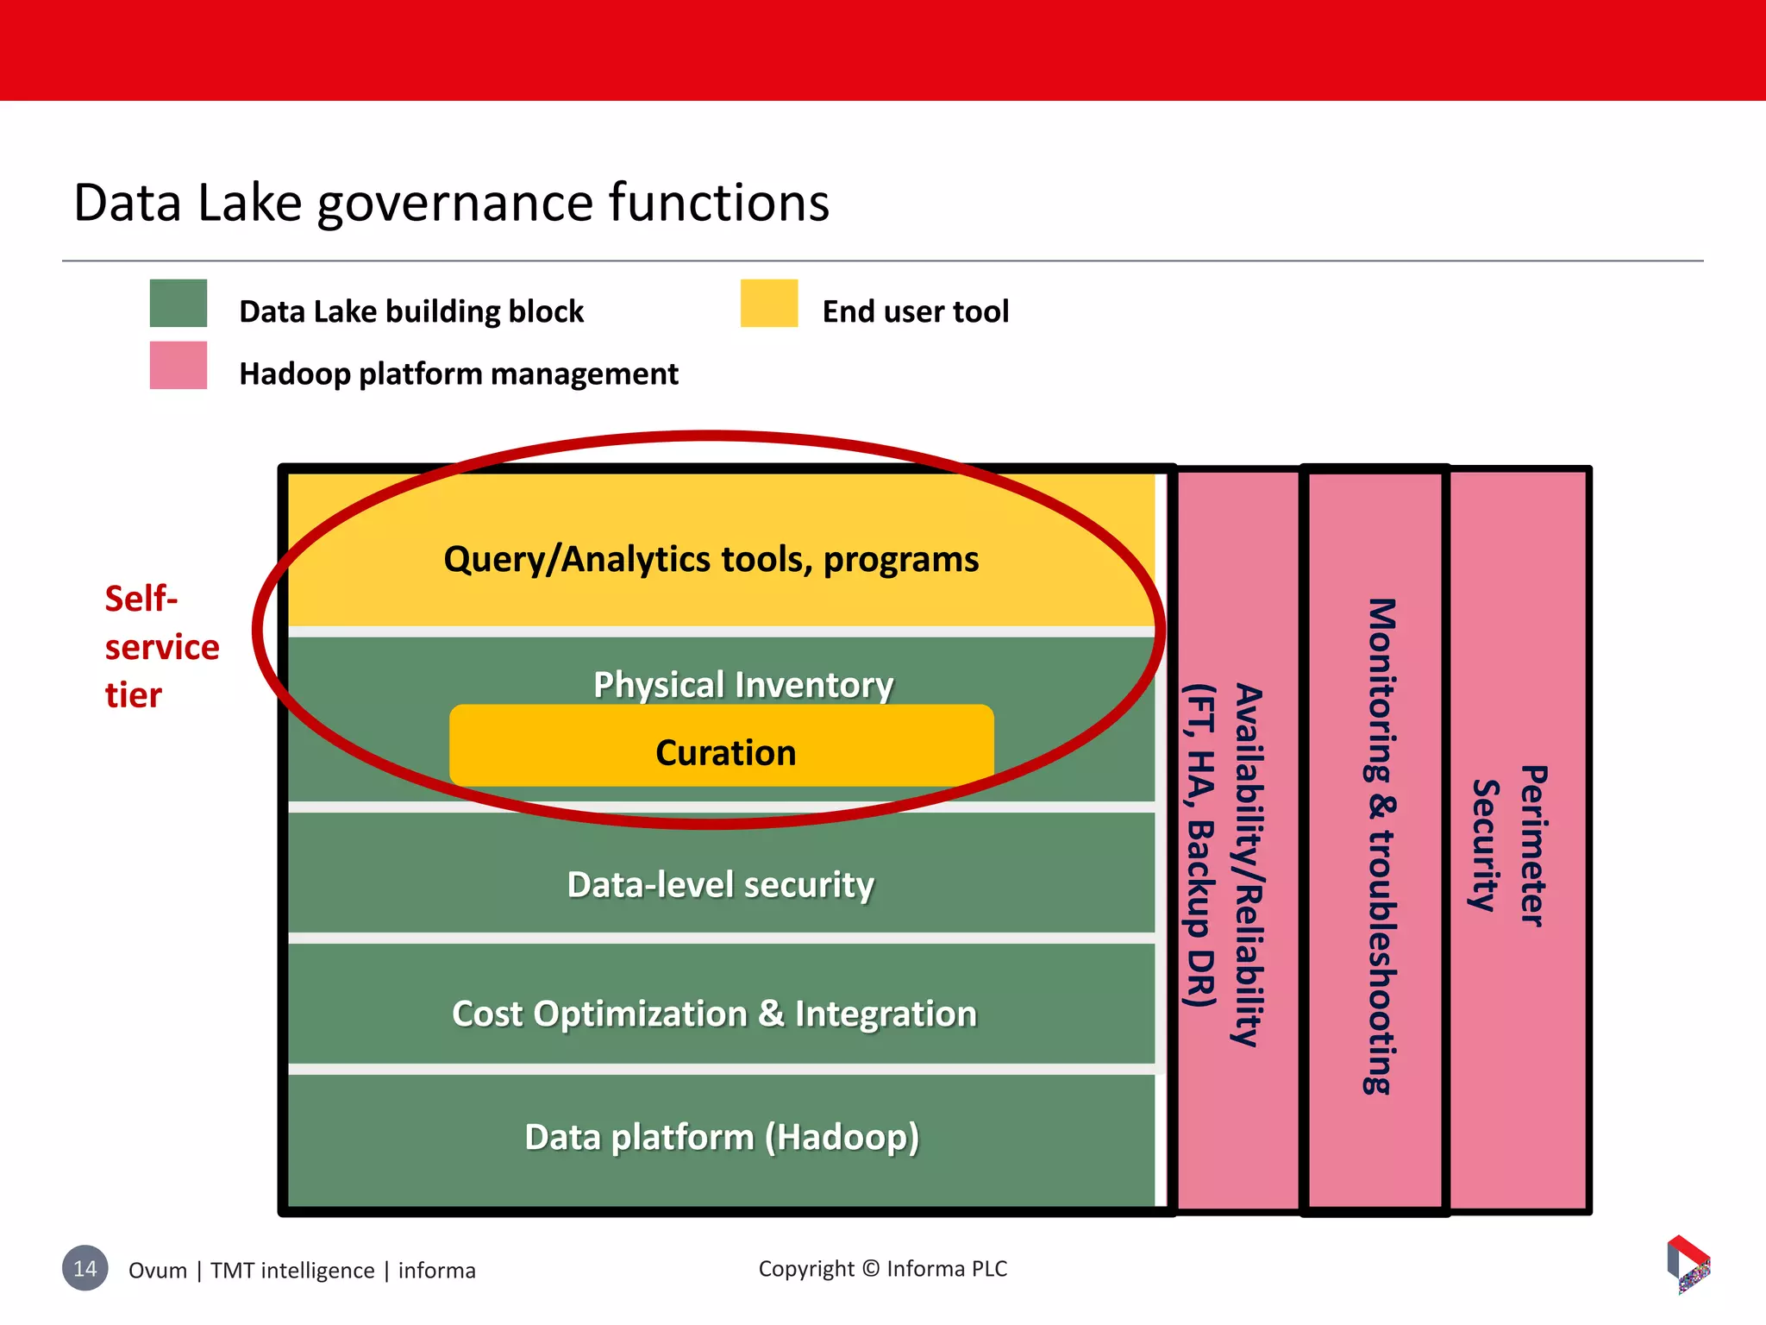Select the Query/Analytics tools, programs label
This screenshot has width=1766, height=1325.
(x=711, y=559)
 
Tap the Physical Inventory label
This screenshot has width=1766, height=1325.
(x=742, y=685)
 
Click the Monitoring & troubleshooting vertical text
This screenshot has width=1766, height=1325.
(x=1380, y=845)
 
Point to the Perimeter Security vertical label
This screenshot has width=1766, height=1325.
(x=1509, y=845)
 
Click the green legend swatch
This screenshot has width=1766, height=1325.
(x=178, y=303)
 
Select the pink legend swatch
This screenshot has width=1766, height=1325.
(x=178, y=366)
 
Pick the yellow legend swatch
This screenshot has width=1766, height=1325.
(x=769, y=303)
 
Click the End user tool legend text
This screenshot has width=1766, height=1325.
(x=915, y=311)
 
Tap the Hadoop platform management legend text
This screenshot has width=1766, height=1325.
(x=458, y=374)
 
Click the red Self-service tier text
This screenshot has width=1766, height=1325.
(x=160, y=646)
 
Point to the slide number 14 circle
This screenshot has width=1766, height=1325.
(x=85, y=1268)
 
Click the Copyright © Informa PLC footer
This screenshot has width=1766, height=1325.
(x=882, y=1269)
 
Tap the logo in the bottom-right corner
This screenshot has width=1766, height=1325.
(x=1688, y=1264)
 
